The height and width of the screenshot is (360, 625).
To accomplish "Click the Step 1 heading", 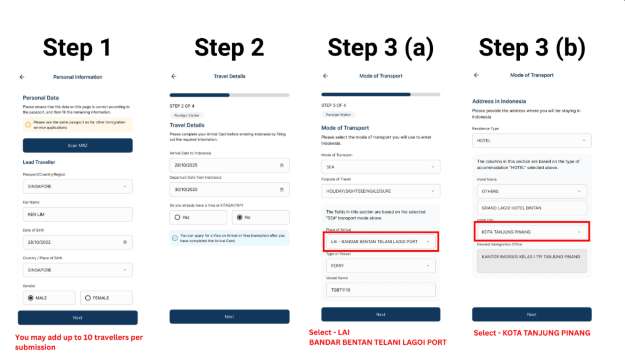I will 78,47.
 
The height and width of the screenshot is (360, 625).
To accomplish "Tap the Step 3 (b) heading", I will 536,47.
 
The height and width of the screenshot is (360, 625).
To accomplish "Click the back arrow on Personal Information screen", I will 23,76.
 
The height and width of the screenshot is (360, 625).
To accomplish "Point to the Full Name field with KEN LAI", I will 77,214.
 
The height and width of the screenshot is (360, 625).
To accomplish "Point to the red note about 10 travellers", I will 78,341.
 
